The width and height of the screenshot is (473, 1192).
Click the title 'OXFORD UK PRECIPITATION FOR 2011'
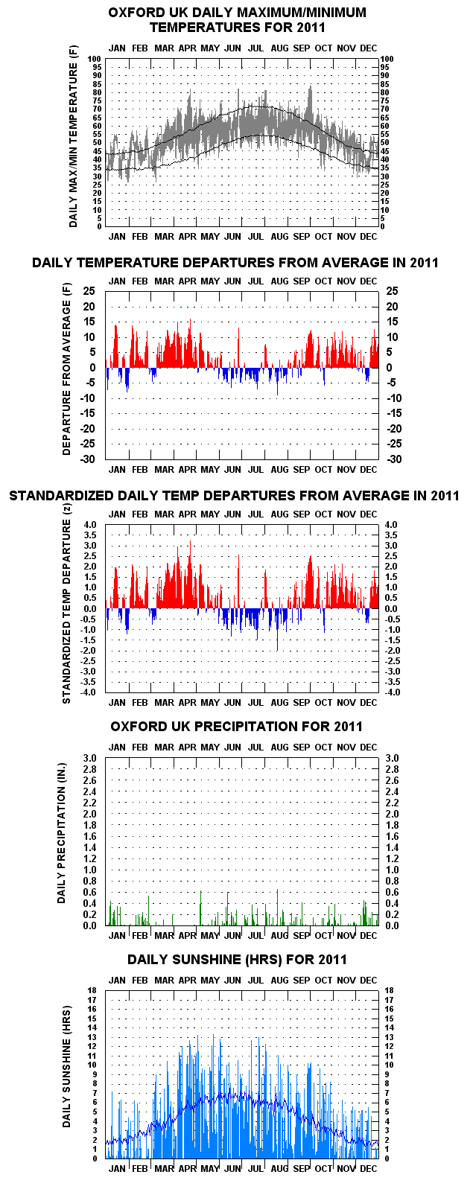click(x=237, y=727)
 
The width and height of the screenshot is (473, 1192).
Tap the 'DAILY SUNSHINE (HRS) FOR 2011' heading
click(x=237, y=960)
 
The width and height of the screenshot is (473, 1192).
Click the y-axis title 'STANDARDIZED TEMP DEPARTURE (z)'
click(x=66, y=604)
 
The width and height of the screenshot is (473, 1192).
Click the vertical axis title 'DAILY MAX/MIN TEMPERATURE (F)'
click(x=73, y=137)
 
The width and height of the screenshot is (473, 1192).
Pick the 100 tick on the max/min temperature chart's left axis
click(x=95, y=59)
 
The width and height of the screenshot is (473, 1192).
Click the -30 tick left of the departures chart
click(x=88, y=459)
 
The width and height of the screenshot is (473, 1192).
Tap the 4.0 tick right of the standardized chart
click(x=391, y=525)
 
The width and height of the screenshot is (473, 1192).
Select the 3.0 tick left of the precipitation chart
click(x=89, y=758)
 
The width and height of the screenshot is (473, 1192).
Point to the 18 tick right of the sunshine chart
click(x=389, y=990)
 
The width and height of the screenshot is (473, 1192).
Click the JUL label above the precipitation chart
click(x=255, y=747)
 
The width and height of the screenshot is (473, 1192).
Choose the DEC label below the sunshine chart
click(x=368, y=1169)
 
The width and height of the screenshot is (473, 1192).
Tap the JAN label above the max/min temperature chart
click(x=117, y=48)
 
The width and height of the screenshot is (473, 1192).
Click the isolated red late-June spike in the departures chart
click(x=238, y=348)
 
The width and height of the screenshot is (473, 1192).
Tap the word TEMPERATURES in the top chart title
click(x=201, y=27)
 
